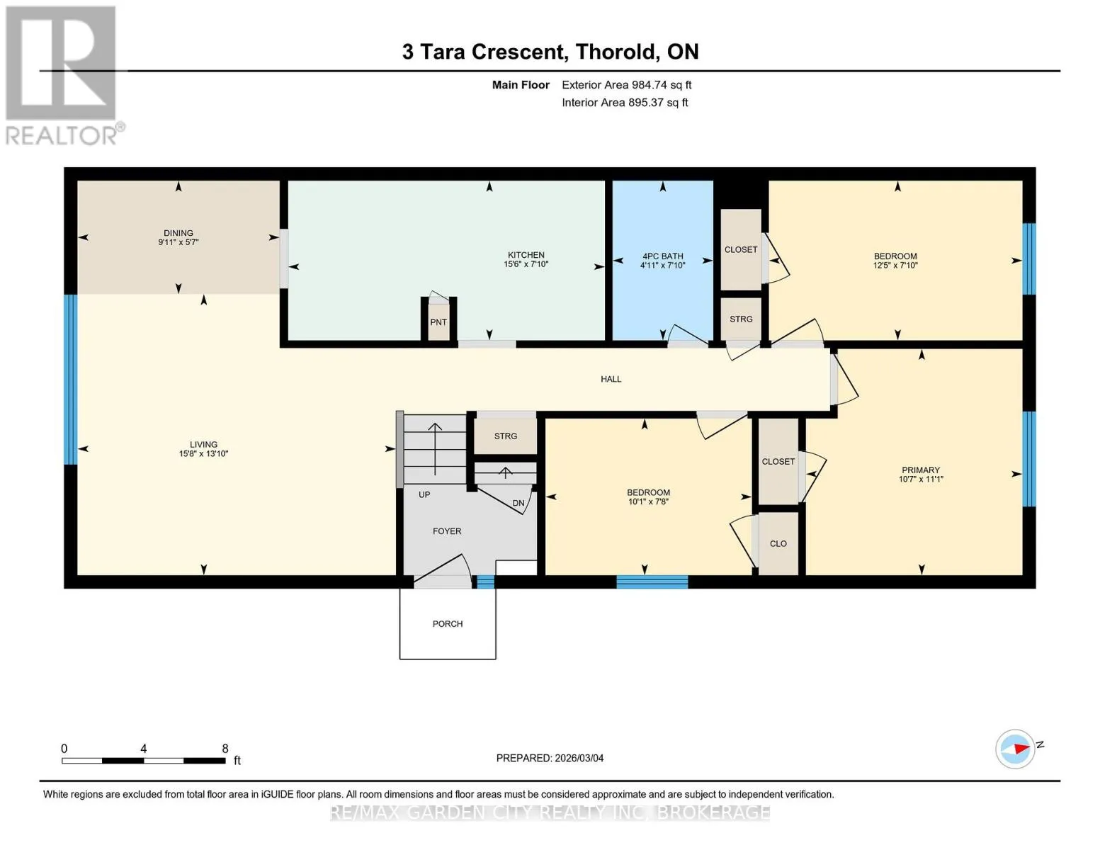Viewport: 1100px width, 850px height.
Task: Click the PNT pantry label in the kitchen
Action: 438,322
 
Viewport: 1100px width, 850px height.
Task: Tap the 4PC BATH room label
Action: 662,256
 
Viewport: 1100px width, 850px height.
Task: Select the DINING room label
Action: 178,233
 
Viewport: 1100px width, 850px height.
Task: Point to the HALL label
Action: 611,379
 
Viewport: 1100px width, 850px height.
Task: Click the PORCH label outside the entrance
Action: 448,624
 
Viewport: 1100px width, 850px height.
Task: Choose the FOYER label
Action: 447,531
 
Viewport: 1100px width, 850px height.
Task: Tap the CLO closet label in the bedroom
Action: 778,544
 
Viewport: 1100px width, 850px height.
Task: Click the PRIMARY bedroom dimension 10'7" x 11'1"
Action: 921,479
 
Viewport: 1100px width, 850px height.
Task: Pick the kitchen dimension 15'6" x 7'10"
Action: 526,263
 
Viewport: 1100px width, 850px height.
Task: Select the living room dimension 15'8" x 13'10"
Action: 203,453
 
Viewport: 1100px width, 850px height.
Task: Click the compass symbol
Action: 1015,749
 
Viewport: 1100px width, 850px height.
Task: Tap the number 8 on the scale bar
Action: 225,748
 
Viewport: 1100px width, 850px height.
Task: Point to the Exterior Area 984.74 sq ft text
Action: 627,85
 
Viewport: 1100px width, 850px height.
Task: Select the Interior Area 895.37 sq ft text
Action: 625,103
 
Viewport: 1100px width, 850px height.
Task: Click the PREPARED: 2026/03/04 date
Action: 550,758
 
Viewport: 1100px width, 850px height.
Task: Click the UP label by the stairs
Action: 424,494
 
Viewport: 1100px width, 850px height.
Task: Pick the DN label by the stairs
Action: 518,503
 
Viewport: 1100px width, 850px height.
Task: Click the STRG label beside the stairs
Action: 505,436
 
